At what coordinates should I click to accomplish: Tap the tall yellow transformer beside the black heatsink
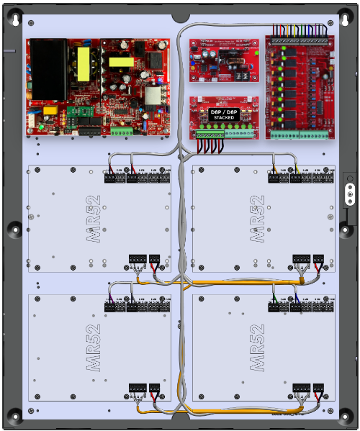(84, 63)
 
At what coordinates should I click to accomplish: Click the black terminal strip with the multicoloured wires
(299, 36)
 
